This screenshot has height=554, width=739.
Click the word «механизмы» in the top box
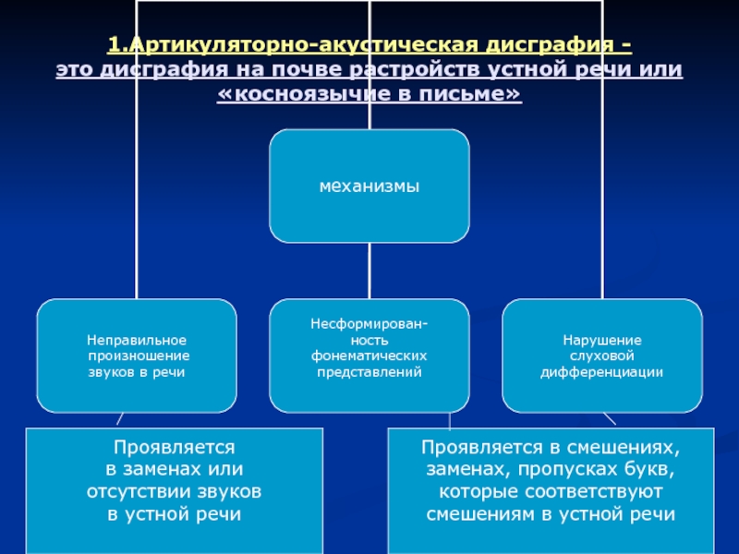[x=369, y=187]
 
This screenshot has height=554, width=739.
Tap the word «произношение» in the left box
[x=139, y=355]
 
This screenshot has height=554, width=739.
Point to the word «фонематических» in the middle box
[x=369, y=355]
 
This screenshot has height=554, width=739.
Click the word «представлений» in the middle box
[x=369, y=371]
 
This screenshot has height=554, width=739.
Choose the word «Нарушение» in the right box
[x=602, y=341]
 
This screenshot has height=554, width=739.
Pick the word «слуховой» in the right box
[x=602, y=355]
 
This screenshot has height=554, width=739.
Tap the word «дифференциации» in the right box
[x=602, y=371]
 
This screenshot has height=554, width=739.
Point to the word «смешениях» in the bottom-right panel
[x=620, y=448]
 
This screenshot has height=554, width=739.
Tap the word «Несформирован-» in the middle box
[x=369, y=325]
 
